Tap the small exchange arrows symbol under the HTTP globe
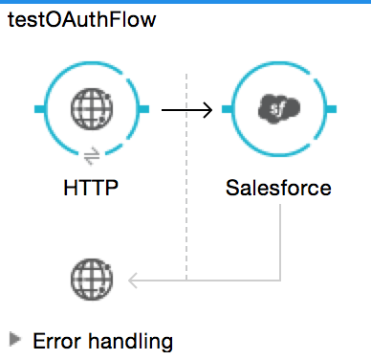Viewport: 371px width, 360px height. tap(92, 154)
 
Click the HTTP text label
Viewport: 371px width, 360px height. tap(92, 188)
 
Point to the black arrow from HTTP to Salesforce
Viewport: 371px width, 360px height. tap(185, 111)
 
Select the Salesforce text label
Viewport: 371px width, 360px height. tap(279, 188)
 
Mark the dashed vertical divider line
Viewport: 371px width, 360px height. tap(187, 172)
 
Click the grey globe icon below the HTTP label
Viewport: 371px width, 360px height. tap(92, 280)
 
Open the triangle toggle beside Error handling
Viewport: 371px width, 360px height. tap(15, 339)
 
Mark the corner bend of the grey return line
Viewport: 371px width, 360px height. tap(278, 279)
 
